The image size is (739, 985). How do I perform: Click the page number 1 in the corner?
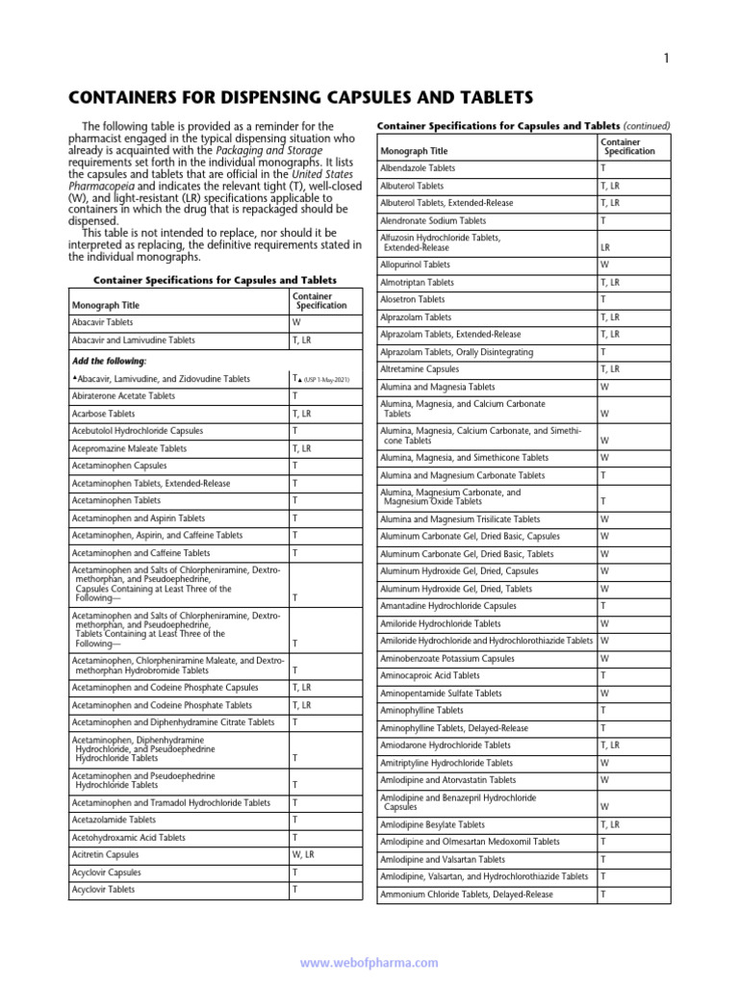click(666, 60)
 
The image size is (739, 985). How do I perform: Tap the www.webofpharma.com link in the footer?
click(369, 962)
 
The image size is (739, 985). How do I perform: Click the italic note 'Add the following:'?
click(110, 361)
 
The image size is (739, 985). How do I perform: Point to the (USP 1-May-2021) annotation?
click(326, 380)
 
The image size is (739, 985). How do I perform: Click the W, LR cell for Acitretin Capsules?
click(303, 854)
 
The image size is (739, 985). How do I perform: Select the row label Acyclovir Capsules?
click(106, 872)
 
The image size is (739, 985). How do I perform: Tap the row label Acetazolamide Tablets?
click(114, 820)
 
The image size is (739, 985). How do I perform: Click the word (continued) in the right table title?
click(647, 126)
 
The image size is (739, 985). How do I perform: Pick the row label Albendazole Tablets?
click(419, 167)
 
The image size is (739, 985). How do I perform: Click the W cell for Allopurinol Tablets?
click(604, 265)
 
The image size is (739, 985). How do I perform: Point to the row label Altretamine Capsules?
click(420, 369)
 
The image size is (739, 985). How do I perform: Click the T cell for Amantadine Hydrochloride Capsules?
click(603, 606)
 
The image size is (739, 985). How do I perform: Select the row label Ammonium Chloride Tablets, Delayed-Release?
click(467, 895)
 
